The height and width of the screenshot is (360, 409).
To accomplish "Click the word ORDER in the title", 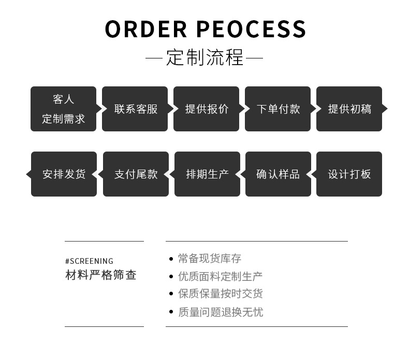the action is [x=146, y=29].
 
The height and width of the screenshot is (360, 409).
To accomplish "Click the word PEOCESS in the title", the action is [x=251, y=29].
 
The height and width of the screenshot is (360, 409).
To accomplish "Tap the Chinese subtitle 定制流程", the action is [x=205, y=57].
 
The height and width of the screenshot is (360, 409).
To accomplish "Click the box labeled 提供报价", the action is [x=207, y=109].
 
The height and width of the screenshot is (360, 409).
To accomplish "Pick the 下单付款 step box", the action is [x=279, y=109].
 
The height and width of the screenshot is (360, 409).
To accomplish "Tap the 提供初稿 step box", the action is [x=350, y=109].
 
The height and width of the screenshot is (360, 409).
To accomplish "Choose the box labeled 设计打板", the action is [x=349, y=174].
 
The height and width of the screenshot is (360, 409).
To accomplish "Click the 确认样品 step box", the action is [x=278, y=174].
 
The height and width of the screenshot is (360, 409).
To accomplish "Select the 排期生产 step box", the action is [x=208, y=174].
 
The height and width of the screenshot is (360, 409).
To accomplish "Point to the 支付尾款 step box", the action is [x=136, y=174].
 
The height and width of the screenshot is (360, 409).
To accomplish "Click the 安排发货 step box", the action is [x=64, y=174].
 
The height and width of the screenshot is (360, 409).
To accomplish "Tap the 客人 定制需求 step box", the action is [x=64, y=109].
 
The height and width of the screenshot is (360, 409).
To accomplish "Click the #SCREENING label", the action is [x=89, y=261].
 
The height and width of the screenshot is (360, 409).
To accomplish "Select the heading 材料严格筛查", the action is [x=101, y=275].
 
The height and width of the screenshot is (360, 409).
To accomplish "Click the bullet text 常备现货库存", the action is [x=210, y=259].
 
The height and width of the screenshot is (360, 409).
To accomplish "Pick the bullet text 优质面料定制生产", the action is [x=221, y=276].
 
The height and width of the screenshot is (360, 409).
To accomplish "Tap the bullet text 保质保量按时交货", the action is [x=221, y=294].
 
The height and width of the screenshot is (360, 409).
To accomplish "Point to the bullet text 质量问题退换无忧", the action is [x=221, y=312].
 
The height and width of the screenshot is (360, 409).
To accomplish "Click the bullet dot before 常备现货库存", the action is [x=171, y=259].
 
